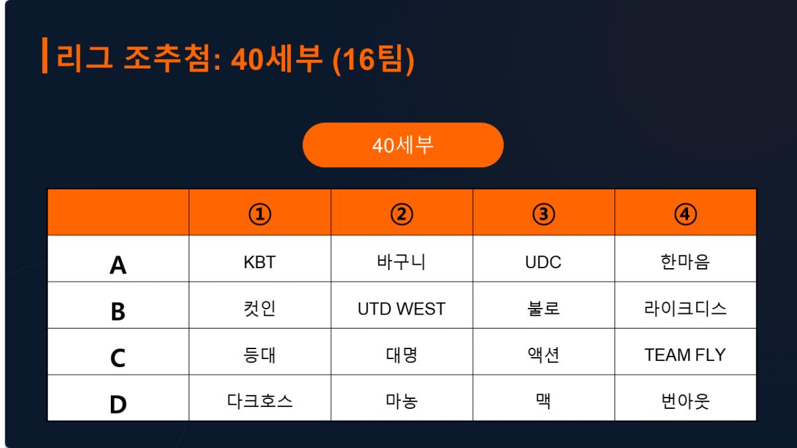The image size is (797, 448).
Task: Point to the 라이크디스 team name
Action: (x=685, y=309)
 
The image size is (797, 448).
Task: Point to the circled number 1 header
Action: (x=260, y=214)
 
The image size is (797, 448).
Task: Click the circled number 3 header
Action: (x=543, y=214)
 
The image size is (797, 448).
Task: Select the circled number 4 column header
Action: (x=685, y=214)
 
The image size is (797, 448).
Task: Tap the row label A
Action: (x=118, y=265)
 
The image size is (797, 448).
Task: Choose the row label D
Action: (x=118, y=405)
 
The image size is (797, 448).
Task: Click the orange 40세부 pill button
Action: (x=402, y=145)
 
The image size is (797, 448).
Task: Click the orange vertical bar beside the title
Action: (x=45, y=56)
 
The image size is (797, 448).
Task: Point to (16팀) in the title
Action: (x=373, y=59)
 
